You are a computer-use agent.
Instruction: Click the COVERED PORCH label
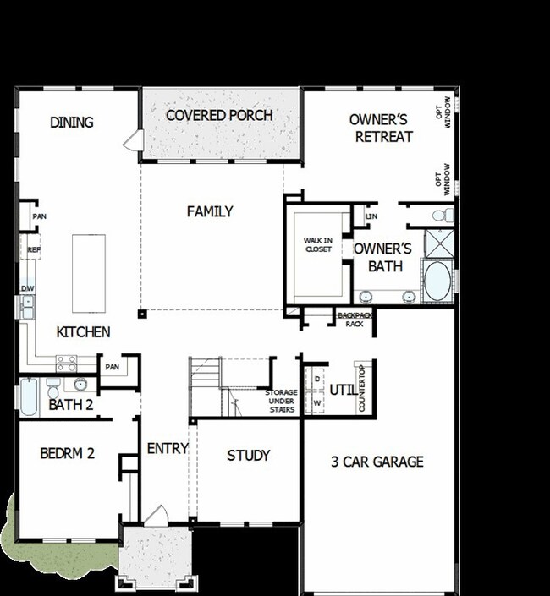tap(219, 115)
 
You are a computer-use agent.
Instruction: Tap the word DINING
tap(72, 123)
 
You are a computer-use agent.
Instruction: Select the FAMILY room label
tap(210, 211)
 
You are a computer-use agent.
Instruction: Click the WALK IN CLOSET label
tap(319, 245)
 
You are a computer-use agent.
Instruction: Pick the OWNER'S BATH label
tap(382, 257)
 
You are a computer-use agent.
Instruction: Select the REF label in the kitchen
tap(34, 250)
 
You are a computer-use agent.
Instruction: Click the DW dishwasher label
tap(27, 288)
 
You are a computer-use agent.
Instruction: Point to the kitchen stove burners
tap(67, 363)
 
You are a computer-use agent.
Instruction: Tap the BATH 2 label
tap(70, 405)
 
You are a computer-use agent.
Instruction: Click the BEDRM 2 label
tap(67, 454)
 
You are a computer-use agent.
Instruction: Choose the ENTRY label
tap(167, 448)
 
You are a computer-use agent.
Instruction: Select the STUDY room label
tap(249, 456)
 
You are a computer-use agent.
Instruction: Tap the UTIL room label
tap(343, 390)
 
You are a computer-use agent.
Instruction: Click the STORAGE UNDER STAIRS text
tap(280, 402)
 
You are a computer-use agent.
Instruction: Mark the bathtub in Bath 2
tap(29, 397)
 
